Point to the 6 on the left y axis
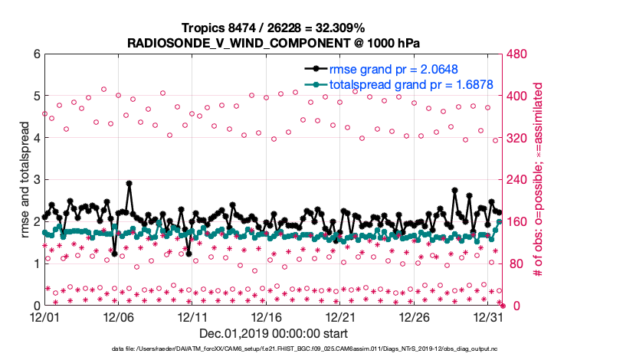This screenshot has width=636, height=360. [x=35, y=54]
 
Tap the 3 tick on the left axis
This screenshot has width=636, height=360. [x=35, y=180]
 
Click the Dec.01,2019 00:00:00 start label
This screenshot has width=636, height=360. [x=273, y=334]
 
